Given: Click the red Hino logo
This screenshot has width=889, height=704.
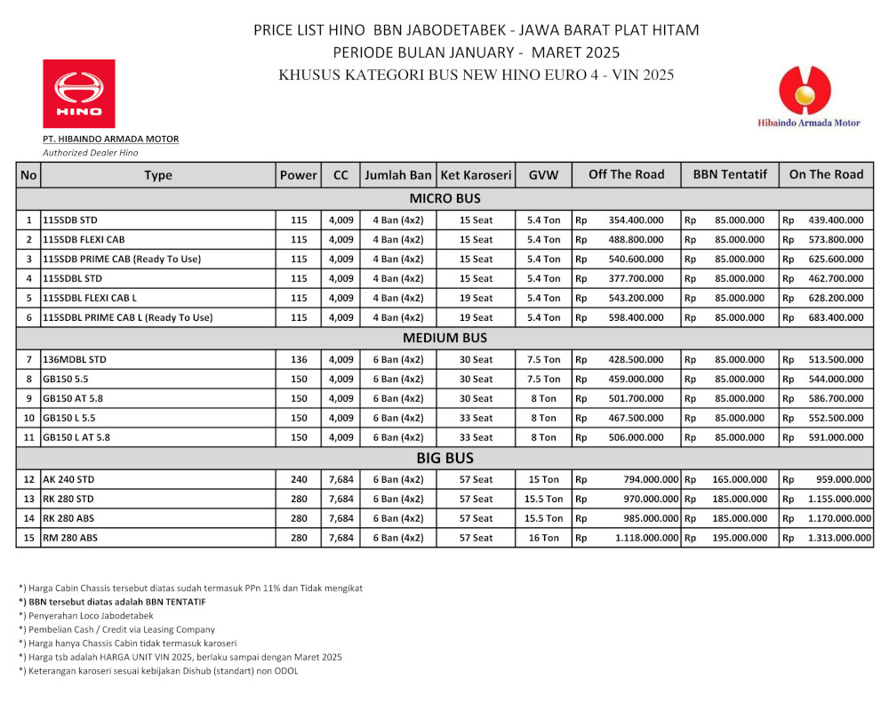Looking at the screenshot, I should pyautogui.click(x=79, y=93).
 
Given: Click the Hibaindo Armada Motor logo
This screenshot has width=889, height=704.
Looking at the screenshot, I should pyautogui.click(x=806, y=97).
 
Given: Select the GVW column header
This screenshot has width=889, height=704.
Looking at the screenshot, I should pyautogui.click(x=543, y=175).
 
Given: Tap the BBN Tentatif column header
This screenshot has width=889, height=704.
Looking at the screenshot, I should pyautogui.click(x=730, y=174).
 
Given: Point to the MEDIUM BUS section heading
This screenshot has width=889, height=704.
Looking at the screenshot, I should pyautogui.click(x=444, y=338).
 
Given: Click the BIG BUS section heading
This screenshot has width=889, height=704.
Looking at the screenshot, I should pyautogui.click(x=444, y=459).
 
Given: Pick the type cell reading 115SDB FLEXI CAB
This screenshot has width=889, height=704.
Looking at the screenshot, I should pyautogui.click(x=84, y=239).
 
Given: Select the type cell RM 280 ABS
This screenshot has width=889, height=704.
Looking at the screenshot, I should pyautogui.click(x=70, y=538).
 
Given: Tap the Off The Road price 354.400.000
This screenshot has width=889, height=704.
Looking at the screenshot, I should pyautogui.click(x=636, y=220).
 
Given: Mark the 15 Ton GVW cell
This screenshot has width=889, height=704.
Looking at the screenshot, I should pyautogui.click(x=543, y=479).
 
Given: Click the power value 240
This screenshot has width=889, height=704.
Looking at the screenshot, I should pyautogui.click(x=299, y=479).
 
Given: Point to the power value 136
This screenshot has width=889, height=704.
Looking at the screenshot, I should pyautogui.click(x=299, y=359).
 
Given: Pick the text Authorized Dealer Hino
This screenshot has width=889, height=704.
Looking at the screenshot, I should pyautogui.click(x=91, y=153).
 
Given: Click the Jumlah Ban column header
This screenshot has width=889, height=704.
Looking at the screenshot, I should pyautogui.click(x=397, y=175).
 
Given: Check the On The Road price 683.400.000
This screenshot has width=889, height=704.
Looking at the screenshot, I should pyautogui.click(x=836, y=317).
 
